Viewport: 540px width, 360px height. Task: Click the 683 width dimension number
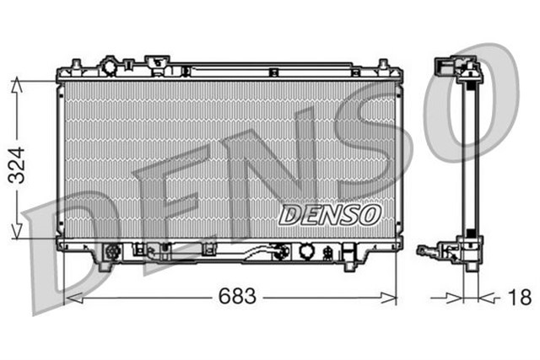click(x=237, y=298)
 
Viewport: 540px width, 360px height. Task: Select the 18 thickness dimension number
click(x=521, y=298)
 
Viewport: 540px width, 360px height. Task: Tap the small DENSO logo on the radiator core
click(x=329, y=214)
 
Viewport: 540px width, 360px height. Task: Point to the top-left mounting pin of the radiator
click(x=75, y=64)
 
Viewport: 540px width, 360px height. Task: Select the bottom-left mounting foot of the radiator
click(x=105, y=264)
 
